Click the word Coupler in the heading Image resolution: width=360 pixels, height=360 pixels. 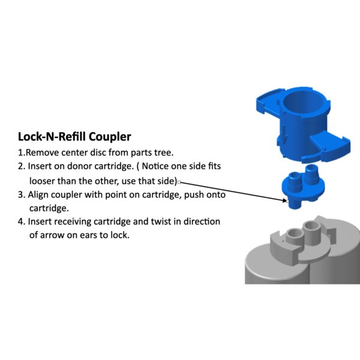click(x=110, y=137)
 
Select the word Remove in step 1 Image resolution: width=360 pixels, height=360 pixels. click(x=43, y=152)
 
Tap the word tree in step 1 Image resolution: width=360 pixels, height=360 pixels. click(x=164, y=153)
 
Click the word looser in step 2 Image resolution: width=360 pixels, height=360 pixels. click(x=42, y=181)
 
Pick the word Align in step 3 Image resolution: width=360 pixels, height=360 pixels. click(x=38, y=195)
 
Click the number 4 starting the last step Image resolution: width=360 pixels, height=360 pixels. click(x=20, y=222)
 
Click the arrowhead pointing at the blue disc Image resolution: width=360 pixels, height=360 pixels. click(x=284, y=200)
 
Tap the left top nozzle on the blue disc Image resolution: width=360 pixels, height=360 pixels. click(x=295, y=182)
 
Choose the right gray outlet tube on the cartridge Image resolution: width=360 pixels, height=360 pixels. click(x=311, y=233)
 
